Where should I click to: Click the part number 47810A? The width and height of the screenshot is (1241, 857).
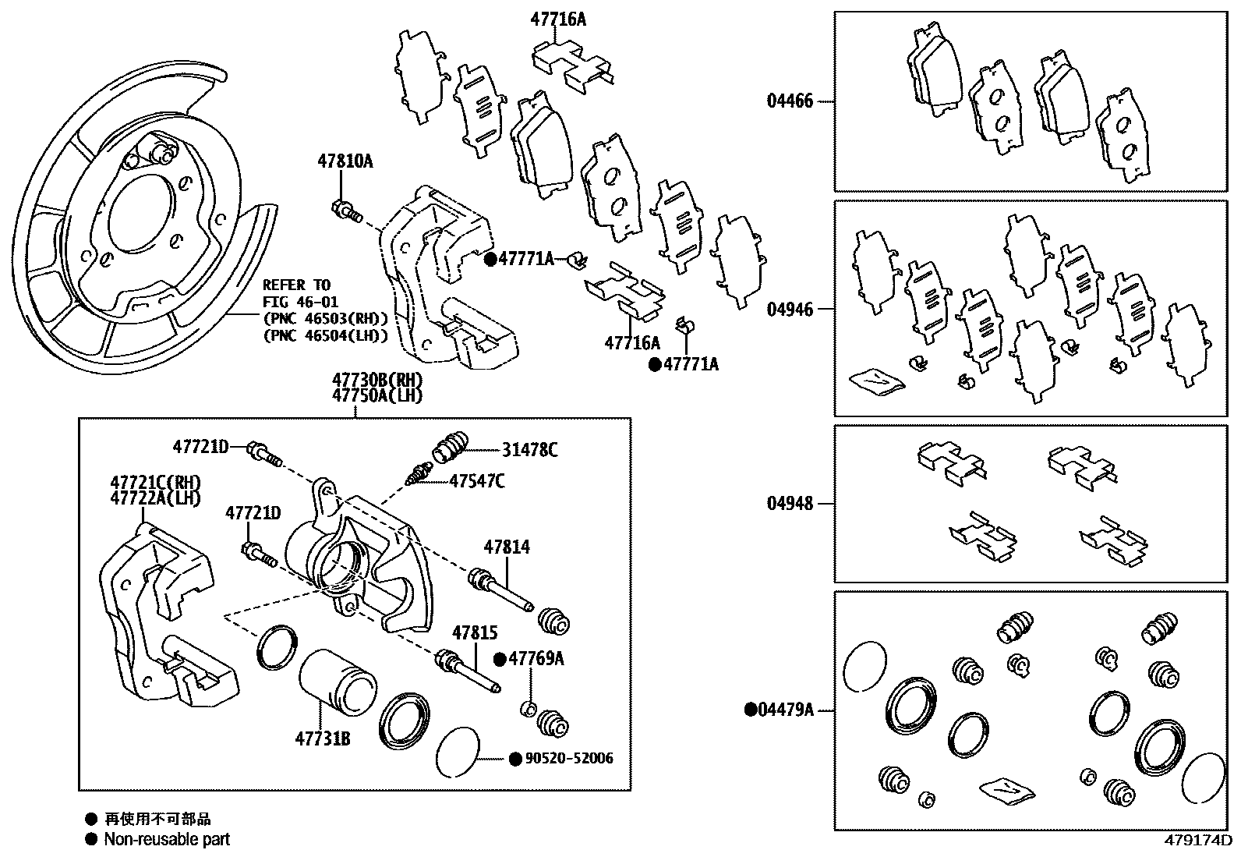(345, 161)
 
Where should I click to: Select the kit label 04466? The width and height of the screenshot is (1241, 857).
(789, 101)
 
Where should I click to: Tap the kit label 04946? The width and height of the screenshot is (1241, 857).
(789, 309)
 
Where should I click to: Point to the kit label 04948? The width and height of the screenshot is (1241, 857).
(789, 504)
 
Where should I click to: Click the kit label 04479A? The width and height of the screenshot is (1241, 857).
(783, 710)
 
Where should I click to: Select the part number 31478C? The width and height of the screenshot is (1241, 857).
(529, 450)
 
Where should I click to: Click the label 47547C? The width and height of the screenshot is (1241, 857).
(476, 481)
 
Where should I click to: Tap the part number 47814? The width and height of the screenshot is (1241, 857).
(506, 547)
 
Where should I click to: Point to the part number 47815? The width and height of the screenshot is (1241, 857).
(473, 632)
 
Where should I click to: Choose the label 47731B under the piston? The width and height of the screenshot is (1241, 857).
(322, 738)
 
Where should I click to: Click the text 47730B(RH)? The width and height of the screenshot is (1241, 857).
(377, 380)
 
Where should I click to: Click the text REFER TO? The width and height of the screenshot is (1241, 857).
(296, 285)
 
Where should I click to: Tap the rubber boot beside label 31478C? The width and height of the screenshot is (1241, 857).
(449, 446)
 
